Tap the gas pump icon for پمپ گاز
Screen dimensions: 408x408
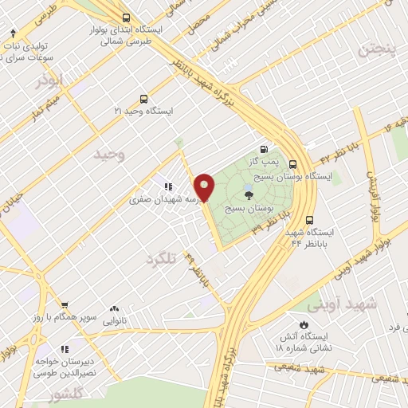click(264, 148)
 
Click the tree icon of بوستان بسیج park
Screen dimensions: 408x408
click(249, 194)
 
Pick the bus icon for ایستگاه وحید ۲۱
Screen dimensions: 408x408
click(143, 100)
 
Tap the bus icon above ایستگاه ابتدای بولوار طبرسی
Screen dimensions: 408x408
click(127, 17)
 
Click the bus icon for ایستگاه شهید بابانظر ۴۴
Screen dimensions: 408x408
click(309, 221)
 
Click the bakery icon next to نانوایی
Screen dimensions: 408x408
click(115, 308)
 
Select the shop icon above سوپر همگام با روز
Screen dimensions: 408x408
click(65, 305)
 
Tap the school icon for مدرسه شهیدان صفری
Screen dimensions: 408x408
click(168, 186)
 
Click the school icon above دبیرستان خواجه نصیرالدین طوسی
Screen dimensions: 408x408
click(65, 348)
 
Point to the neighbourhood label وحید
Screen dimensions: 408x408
click(110, 153)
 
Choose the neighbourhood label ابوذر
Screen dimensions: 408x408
click(49, 80)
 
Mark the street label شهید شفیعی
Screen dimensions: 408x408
click(315, 369)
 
